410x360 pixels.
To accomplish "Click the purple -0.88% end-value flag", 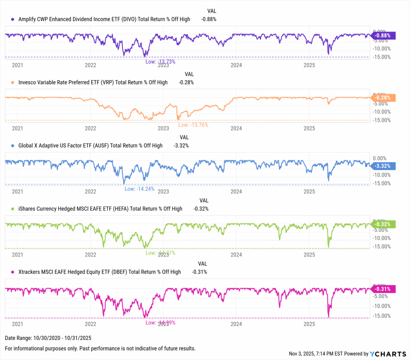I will point(384,35).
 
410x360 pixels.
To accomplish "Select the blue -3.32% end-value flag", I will point(384,166).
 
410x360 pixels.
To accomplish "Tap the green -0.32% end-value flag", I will point(384,224).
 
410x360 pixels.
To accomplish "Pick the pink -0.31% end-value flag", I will point(384,289).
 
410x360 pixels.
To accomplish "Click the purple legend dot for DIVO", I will point(13,19).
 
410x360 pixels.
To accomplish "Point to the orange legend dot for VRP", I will point(13,82).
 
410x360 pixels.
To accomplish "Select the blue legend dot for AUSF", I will point(13,146).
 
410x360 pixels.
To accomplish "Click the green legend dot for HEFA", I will point(13,209).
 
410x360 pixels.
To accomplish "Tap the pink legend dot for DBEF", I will point(13,272).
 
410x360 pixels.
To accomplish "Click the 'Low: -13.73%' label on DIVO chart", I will point(160,62).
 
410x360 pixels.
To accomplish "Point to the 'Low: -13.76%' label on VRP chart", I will point(193,125).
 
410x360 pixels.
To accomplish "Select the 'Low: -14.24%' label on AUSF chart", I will point(139,189).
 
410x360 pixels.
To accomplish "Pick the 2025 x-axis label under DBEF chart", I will point(310,323).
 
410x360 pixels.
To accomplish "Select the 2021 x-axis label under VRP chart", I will point(17,128).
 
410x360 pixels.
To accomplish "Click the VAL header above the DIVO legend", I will point(212,11).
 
